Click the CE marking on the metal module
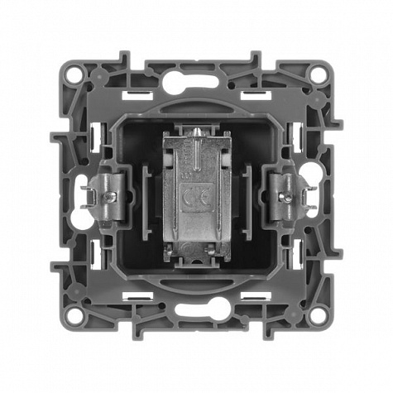[x=196, y=196]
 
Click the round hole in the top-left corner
[x=74, y=74]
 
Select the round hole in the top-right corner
[x=318, y=74]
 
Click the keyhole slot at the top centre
[x=190, y=81]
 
